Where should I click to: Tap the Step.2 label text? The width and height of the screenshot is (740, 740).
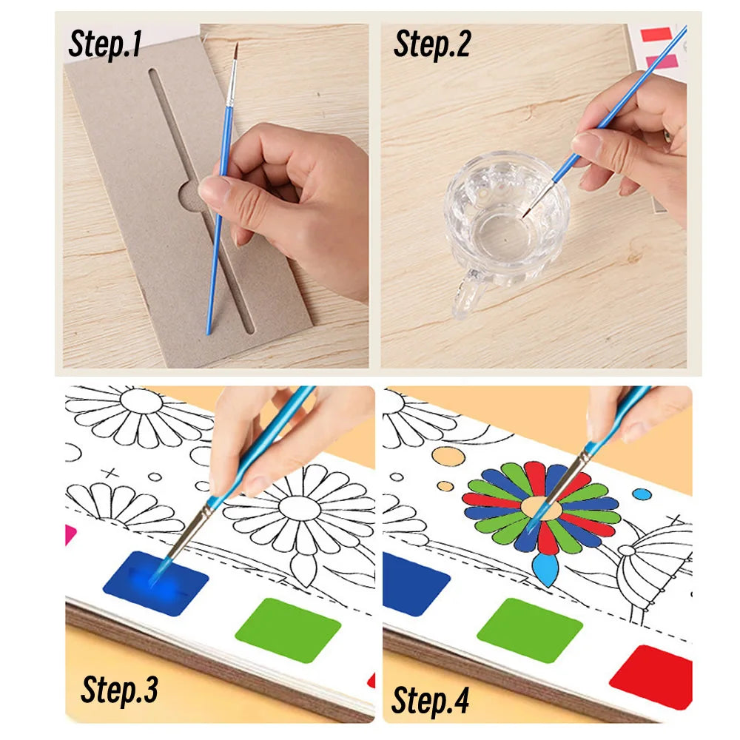point(432,44)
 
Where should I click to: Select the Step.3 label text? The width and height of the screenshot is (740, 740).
point(119,689)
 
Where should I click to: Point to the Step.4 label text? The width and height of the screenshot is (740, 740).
point(430,699)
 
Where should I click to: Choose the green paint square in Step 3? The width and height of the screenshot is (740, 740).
point(288,630)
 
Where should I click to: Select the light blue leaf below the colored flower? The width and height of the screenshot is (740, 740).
point(545,571)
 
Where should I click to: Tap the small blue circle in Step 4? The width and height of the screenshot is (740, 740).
point(642,494)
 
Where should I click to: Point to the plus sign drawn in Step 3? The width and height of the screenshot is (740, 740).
point(110,472)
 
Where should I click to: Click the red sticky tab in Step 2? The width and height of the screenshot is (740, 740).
point(655,35)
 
